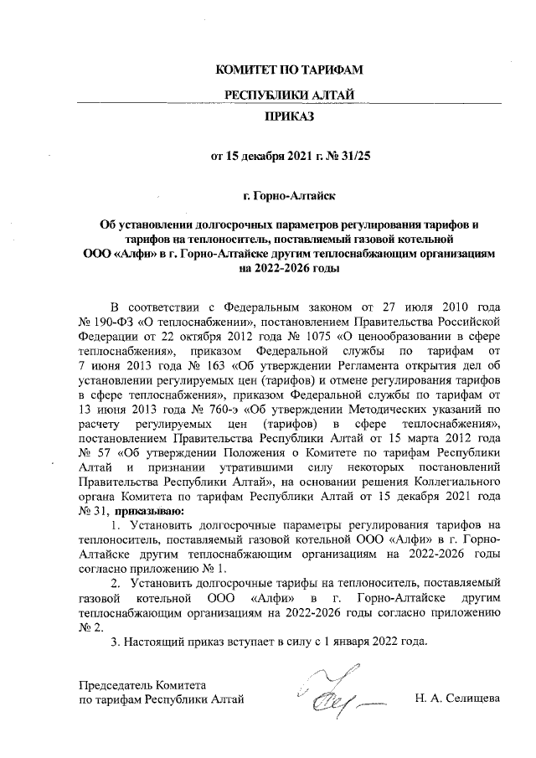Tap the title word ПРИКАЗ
tap(289, 117)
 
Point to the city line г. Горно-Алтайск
tap(289, 197)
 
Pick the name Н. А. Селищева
tap(457, 699)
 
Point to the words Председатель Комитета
tap(142, 684)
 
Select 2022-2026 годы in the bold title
tap(289, 270)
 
